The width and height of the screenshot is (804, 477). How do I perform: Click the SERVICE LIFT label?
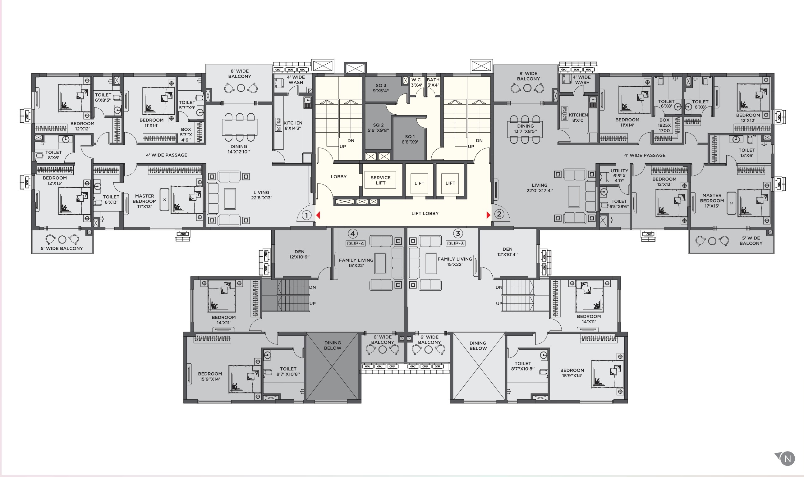(380, 180)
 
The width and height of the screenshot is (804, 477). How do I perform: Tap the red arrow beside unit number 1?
(318, 215)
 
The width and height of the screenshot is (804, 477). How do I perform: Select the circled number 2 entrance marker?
(499, 214)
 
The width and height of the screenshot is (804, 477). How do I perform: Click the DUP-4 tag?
(355, 243)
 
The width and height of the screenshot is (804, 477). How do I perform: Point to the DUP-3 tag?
(455, 243)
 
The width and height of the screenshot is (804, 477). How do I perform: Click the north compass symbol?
(787, 458)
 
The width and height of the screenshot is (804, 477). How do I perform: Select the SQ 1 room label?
(410, 139)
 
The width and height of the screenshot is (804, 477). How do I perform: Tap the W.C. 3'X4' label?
(416, 82)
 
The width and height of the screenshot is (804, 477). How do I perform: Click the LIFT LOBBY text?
(425, 213)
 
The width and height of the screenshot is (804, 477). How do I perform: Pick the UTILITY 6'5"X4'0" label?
(619, 175)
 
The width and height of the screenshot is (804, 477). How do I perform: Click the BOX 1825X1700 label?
(664, 125)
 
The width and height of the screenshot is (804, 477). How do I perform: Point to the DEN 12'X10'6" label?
(299, 254)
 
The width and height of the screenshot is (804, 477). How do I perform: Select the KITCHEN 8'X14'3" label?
(293, 125)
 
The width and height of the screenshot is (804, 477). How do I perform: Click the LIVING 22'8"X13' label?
(261, 195)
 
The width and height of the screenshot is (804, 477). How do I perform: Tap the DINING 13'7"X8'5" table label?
(525, 129)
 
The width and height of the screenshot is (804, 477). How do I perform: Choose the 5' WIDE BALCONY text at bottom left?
(62, 248)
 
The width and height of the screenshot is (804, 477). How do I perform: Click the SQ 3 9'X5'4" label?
(381, 88)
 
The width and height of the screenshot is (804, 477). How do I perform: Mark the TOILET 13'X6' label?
(747, 153)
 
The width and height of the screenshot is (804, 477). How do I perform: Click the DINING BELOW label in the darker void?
(333, 345)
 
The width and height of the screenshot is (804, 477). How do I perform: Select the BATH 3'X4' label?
(433, 82)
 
